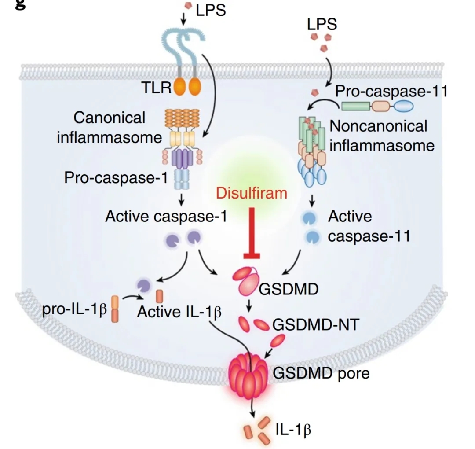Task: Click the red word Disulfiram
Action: [x=252, y=193]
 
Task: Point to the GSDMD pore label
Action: [x=322, y=373]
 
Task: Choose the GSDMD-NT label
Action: [x=316, y=325]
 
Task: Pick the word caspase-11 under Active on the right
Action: [x=369, y=236]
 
